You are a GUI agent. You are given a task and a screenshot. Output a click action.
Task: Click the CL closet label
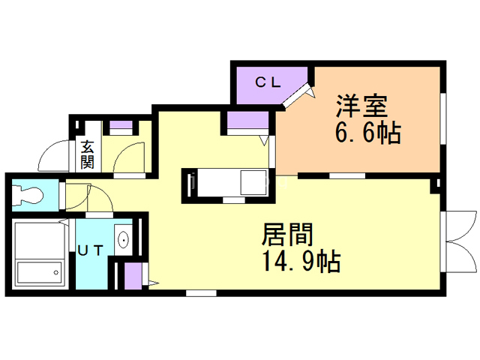click(268, 82)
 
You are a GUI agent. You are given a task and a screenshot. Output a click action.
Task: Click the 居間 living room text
click(286, 235)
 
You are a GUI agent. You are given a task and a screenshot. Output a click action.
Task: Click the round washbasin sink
click(123, 240)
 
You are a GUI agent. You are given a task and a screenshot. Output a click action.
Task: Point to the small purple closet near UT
click(133, 277)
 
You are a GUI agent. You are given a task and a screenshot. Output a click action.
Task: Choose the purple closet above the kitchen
click(247, 121)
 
